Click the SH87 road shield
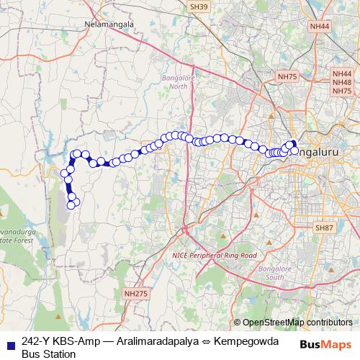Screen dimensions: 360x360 pyautogui.click(x=323, y=228)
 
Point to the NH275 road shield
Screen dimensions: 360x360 pyautogui.click(x=135, y=293)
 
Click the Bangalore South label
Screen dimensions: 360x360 pyautogui.click(x=271, y=274)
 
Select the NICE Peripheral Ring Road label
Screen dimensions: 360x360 pyautogui.click(x=214, y=256)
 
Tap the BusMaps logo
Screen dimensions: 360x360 pyautogui.click(x=326, y=344)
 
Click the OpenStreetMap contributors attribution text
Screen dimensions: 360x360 pyautogui.click(x=297, y=322)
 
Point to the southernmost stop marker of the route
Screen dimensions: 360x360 pyautogui.click(x=71, y=206)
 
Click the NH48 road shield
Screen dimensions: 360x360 pyautogui.click(x=342, y=83)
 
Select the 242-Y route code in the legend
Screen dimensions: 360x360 pyautogui.click(x=35, y=342)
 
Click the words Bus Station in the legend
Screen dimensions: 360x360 pyautogui.click(x=48, y=354)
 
